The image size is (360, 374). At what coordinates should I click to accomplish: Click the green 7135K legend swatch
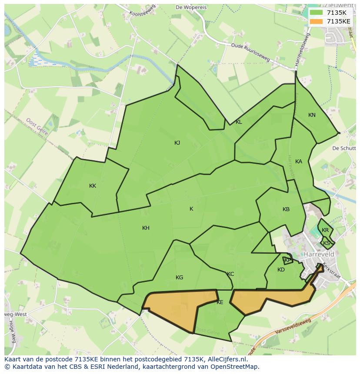coord(316,13)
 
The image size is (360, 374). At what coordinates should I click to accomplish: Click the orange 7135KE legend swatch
coord(316,21)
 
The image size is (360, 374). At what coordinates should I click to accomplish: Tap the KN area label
coord(312,115)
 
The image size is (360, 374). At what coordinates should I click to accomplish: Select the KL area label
coord(239,122)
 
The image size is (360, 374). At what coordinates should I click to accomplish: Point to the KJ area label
coord(177,143)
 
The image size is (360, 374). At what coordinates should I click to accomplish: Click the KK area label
coord(93,186)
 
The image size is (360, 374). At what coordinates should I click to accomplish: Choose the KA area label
coord(299,162)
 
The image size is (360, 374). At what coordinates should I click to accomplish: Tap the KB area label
coord(286,209)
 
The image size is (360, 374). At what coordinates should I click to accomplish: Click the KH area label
coord(146,228)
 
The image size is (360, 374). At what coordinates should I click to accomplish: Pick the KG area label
coord(179,278)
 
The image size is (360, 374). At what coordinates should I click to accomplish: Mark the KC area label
coord(230,274)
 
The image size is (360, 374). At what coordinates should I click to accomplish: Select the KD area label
coord(281,270)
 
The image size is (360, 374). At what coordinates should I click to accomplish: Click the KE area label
coord(220,302)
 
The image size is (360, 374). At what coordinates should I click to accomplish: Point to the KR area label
coord(325,230)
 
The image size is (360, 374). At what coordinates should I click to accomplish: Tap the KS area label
coord(327,243)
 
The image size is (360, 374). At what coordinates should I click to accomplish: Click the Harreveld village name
coord(319,254)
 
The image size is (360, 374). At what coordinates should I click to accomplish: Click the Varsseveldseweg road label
coord(293,327)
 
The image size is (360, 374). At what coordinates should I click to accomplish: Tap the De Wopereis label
coord(190,7)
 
